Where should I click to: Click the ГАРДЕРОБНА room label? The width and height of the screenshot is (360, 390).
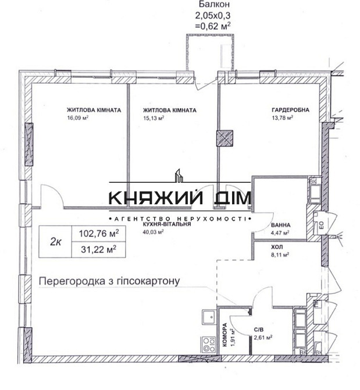click(x=290, y=110)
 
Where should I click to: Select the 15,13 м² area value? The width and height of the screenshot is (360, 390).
click(x=154, y=117)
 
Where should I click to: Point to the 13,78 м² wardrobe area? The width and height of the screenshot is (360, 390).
click(x=282, y=117)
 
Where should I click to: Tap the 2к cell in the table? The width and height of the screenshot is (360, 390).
click(x=56, y=241)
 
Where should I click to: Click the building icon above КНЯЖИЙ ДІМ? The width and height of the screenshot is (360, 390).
click(x=180, y=174)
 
